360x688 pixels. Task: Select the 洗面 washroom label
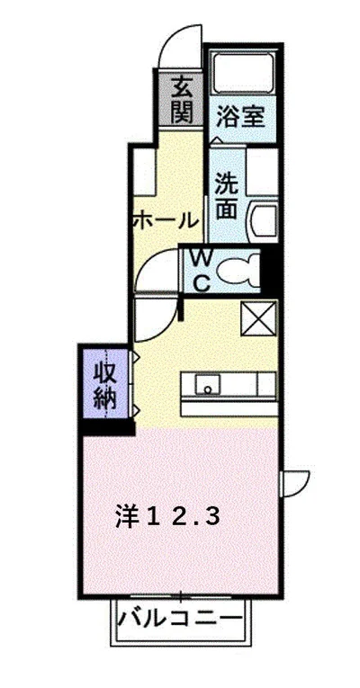[x=227, y=194]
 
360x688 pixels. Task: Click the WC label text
[x=202, y=270]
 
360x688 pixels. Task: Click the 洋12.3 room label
[x=166, y=516]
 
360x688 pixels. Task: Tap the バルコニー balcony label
[x=181, y=620]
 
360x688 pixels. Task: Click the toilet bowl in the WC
[x=239, y=270]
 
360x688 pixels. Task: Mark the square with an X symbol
[x=259, y=319]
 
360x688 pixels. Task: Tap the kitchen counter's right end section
[x=266, y=385]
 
